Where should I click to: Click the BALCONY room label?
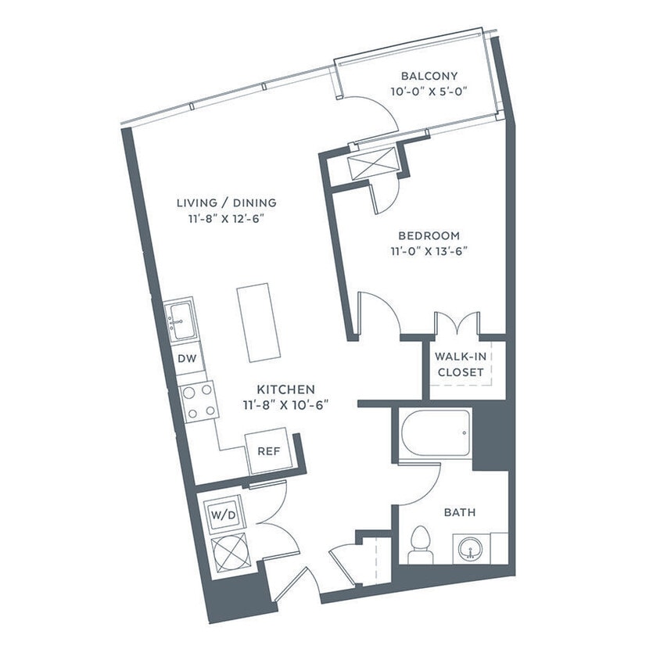429,76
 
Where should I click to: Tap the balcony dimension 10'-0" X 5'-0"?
429,91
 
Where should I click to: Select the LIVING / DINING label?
226,203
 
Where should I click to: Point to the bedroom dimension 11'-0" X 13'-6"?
429,250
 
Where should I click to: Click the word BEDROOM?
429,235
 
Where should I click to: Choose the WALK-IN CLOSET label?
460,364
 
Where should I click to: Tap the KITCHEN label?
286,389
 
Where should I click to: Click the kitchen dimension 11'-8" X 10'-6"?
286,404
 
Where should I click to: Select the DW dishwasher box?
185,360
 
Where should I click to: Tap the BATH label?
460,513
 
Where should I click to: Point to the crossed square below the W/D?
228,554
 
